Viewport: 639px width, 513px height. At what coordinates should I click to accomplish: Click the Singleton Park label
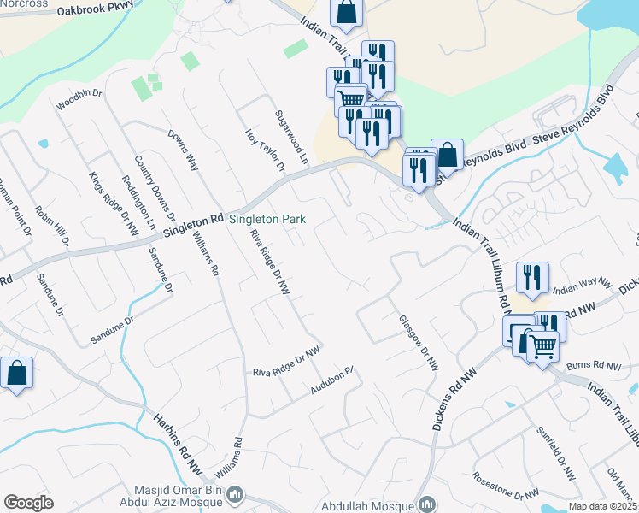267,220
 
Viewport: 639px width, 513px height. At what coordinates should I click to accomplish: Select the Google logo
28,503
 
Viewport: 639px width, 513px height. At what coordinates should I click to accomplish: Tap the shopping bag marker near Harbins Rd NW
16,374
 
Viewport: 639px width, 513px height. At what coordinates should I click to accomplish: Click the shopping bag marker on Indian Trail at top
347,13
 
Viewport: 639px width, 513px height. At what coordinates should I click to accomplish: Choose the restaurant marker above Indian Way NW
531,278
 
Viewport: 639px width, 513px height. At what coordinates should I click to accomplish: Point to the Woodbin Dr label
79,99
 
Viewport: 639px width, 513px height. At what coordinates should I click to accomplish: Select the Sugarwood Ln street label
290,135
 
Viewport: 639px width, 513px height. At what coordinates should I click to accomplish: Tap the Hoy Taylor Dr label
264,150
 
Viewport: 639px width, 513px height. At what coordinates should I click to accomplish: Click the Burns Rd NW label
596,365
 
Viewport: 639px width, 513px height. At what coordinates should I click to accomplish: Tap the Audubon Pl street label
332,380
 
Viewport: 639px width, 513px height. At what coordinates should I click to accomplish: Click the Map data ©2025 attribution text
602,506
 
